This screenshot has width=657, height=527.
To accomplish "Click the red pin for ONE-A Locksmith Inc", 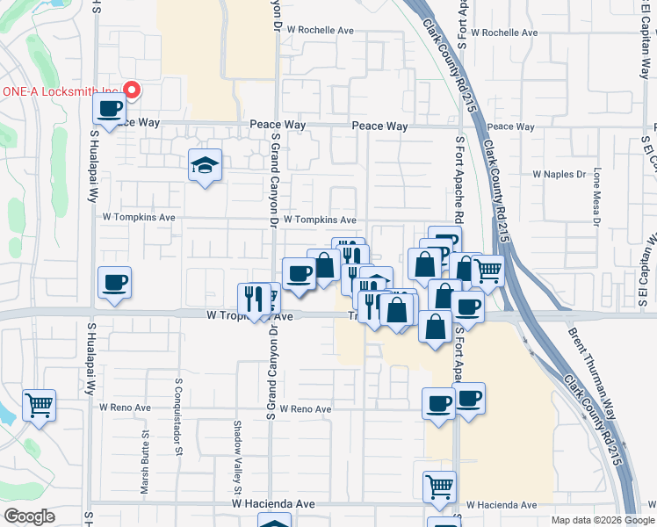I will [133, 90].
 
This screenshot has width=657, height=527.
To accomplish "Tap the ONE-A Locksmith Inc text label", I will [61, 91].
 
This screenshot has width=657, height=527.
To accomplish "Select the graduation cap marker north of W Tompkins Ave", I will [205, 164].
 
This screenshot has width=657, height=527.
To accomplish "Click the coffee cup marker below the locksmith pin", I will [110, 110].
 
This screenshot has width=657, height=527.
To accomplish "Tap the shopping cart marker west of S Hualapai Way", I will [39, 406].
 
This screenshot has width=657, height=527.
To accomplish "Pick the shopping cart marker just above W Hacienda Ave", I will [439, 486].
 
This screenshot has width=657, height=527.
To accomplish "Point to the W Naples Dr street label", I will [559, 175].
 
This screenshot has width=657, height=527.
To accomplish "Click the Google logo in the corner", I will [29, 516].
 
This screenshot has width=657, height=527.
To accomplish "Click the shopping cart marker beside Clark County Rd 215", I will [487, 272].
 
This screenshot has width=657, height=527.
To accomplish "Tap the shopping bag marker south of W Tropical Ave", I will [436, 326].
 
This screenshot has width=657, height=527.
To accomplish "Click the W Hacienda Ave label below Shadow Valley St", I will [273, 504].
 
